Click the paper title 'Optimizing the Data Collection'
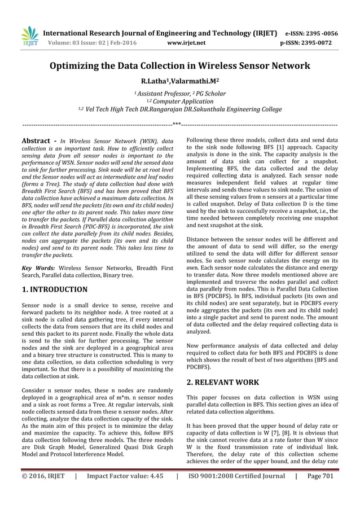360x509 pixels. [180, 66]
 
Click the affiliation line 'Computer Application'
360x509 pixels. [180, 102]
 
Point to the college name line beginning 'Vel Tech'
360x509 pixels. [180, 109]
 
